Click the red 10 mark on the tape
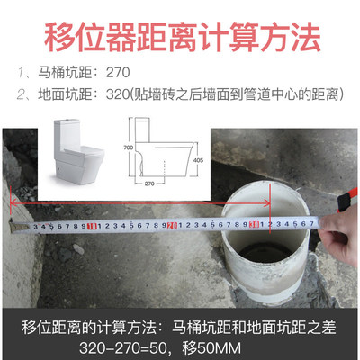tap(92, 227)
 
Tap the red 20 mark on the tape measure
tap(173, 225)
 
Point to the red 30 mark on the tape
tap(256, 224)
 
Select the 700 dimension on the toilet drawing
tap(128, 148)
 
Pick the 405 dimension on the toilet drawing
tap(198, 160)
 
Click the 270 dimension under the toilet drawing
tap(149, 184)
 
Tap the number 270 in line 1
tap(118, 73)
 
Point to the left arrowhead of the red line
tap(13, 202)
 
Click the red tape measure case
tap(346, 199)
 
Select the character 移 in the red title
tap(59, 37)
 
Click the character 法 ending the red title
tap(305, 37)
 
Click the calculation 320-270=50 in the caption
tap(123, 348)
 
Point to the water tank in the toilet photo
tap(67, 133)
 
